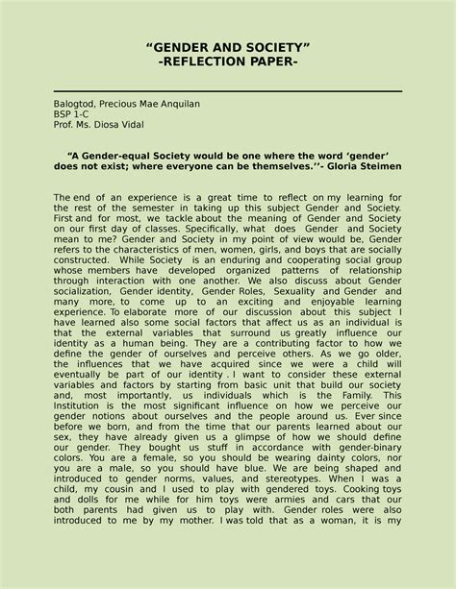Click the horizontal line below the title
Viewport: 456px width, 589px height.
[227, 91]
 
